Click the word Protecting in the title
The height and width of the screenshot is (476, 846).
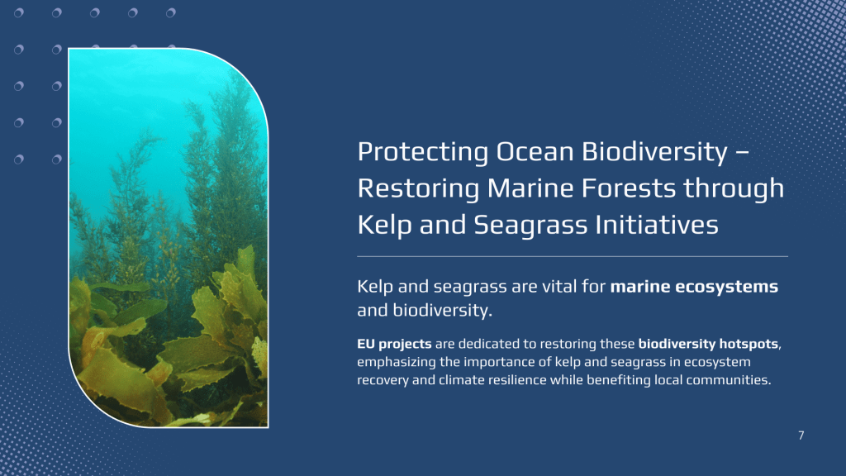(422, 152)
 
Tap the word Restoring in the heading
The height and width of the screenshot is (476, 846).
(418, 189)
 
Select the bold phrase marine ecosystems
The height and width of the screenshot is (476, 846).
(694, 287)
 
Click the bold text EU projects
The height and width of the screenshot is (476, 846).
(394, 345)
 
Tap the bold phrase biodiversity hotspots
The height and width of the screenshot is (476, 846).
(708, 344)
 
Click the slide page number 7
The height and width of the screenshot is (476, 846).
(801, 436)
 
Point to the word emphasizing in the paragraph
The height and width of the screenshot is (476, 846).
(397, 362)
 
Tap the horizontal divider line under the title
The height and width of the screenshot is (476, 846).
(573, 256)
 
